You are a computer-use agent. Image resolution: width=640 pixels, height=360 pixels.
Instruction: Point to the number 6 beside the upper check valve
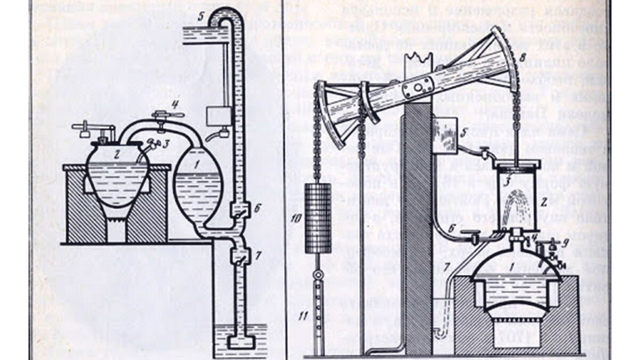[257, 209]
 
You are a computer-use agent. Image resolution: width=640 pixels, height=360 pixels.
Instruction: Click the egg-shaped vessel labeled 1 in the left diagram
[201, 181]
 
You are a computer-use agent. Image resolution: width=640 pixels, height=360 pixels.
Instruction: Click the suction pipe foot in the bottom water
[238, 341]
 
